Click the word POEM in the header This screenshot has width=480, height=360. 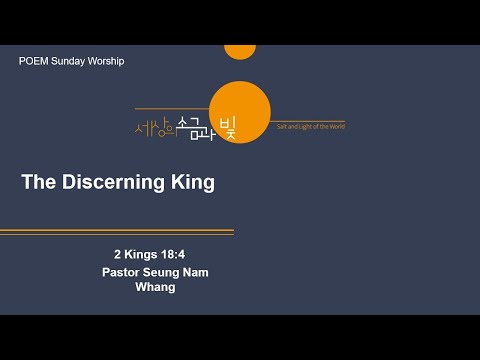pos(33,61)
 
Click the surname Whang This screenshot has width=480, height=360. pos(155,287)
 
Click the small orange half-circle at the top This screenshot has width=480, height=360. pos(240,52)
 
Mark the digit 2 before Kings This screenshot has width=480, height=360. pos(117,255)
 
